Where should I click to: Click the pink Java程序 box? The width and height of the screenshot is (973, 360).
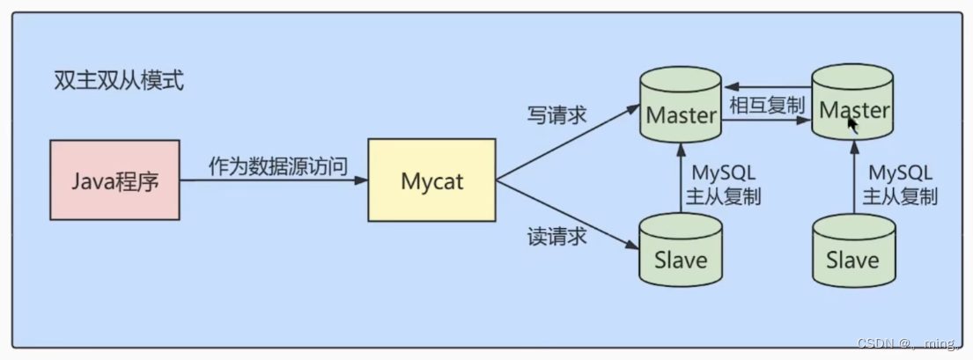point(115,181)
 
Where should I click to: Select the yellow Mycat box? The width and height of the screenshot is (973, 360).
point(431,182)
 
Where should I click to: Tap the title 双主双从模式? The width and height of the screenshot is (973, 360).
point(118,82)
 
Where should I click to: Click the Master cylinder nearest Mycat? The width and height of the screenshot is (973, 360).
point(681,113)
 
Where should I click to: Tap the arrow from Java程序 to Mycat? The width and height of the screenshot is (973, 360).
point(273,181)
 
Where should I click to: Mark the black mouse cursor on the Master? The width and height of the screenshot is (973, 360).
point(852,124)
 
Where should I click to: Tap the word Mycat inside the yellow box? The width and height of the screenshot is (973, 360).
point(431,182)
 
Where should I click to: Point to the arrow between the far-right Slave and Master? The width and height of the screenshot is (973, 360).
point(853,180)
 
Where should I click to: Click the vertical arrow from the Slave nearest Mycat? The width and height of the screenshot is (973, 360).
point(681,180)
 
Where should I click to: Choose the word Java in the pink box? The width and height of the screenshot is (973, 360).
point(92,181)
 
